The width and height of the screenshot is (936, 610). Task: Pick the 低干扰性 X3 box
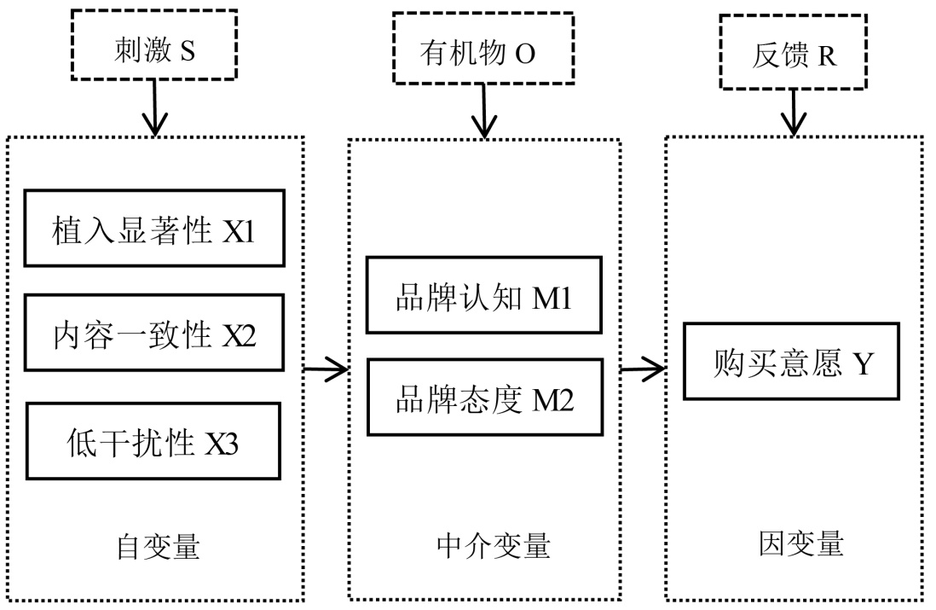[154, 442]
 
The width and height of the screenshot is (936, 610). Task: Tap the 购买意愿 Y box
[790, 362]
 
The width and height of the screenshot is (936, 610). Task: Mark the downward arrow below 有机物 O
[483, 110]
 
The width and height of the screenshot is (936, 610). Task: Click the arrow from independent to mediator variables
[326, 369]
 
